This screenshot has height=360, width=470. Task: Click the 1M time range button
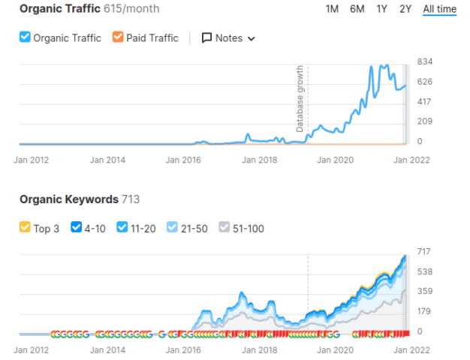pos(332,9)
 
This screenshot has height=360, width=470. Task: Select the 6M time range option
pos(357,9)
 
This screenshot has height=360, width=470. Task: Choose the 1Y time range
pos(382,9)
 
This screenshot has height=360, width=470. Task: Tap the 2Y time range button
pos(405,9)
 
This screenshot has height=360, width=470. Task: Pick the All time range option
pos(439,9)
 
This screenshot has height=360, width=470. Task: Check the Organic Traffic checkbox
pos(25,37)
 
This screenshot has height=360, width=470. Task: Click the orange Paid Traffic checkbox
pos(118,37)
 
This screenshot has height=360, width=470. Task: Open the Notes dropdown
pos(228,37)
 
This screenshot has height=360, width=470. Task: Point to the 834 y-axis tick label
pos(425,61)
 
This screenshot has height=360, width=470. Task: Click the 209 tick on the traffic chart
pos(425,121)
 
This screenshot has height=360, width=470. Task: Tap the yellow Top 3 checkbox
pos(25,228)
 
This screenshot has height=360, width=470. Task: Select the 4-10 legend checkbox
pos(75,228)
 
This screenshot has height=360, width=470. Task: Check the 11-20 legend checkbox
pos(122,228)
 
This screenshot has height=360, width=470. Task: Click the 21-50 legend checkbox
pos(173,228)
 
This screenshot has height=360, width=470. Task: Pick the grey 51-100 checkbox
pos(224,228)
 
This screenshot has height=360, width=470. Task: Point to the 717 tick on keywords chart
pos(425,251)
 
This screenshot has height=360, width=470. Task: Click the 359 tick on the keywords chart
pos(425,292)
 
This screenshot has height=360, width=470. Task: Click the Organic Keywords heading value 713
pos(131,199)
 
